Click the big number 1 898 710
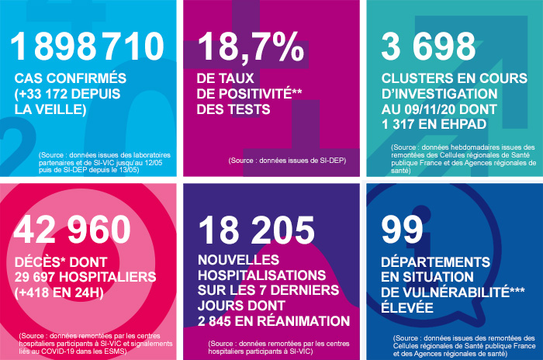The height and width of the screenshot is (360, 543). coord(88,49)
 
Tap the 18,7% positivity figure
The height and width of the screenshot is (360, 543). coord(250,49)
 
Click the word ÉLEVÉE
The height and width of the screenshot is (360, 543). coord(413,308)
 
